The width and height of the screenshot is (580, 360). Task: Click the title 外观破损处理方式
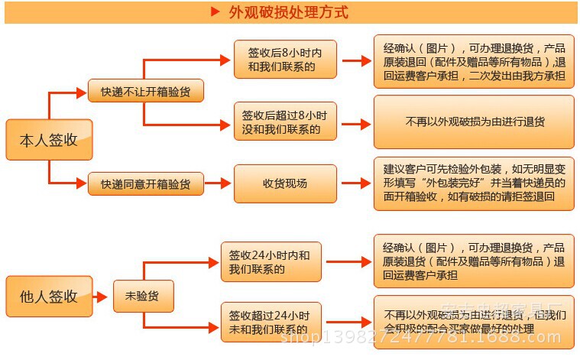(x=288, y=12)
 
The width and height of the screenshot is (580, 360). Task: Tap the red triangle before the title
(x=215, y=12)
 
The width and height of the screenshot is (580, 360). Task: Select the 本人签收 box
(x=49, y=140)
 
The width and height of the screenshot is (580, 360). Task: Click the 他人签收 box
(x=49, y=296)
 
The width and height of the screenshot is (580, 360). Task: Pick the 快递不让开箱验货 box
(x=145, y=92)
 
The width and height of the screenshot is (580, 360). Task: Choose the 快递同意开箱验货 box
(x=145, y=183)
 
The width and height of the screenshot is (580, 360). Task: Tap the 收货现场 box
(x=285, y=183)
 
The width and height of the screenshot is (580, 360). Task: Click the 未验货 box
(x=143, y=296)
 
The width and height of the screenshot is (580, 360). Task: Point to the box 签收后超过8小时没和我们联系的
(x=285, y=122)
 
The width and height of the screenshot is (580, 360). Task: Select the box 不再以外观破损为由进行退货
(x=474, y=122)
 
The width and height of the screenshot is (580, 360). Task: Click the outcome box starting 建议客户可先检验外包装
(x=474, y=183)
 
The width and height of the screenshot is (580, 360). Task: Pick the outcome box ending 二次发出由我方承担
(x=474, y=60)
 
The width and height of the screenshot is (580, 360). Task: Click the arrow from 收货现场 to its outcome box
(x=355, y=183)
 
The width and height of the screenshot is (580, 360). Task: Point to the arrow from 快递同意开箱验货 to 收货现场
(x=221, y=183)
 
